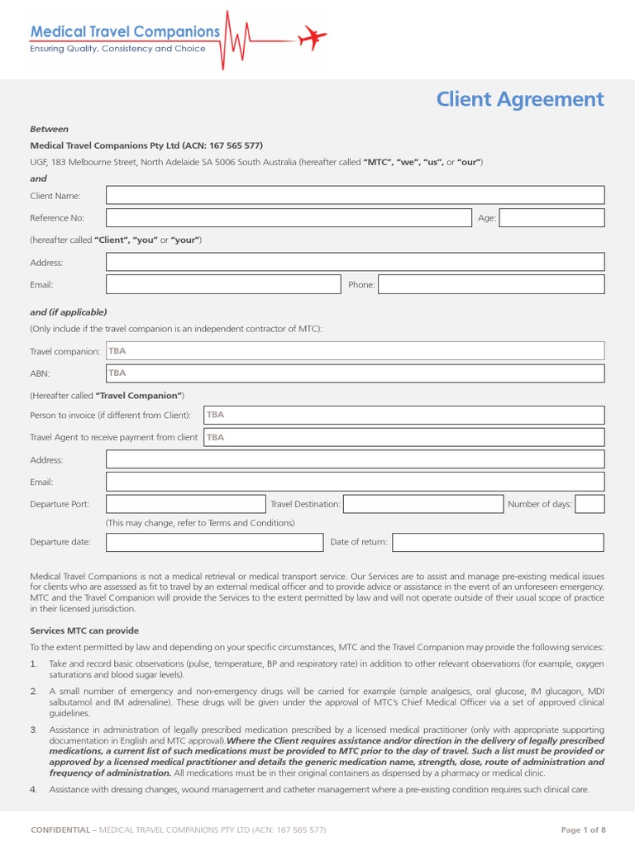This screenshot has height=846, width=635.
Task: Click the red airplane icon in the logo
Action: [x=313, y=37]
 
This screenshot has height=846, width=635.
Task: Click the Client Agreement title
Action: [x=520, y=99]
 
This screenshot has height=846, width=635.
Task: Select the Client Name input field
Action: [x=355, y=196]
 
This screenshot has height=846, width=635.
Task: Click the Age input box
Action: [x=551, y=218]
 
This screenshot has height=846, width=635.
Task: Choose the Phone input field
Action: [x=491, y=284]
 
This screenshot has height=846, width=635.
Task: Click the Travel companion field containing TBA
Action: [x=355, y=351]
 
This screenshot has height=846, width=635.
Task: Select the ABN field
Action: [x=355, y=373]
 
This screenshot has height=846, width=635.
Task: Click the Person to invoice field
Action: [x=403, y=415]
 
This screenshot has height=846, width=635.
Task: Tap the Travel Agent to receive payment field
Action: [x=403, y=437]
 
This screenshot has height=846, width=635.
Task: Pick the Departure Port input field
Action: [x=186, y=504]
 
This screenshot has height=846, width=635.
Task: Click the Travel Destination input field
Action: [x=423, y=504]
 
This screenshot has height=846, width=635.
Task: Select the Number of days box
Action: [x=590, y=504]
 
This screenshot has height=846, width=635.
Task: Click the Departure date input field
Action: [x=214, y=542]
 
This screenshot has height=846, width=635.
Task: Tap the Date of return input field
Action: [x=498, y=542]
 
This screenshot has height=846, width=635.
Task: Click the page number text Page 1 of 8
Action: [x=583, y=829]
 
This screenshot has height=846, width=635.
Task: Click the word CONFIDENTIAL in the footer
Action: [x=60, y=829]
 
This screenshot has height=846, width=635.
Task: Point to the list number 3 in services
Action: [x=34, y=730]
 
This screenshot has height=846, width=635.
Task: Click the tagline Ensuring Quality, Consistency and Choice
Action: [x=117, y=49]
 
